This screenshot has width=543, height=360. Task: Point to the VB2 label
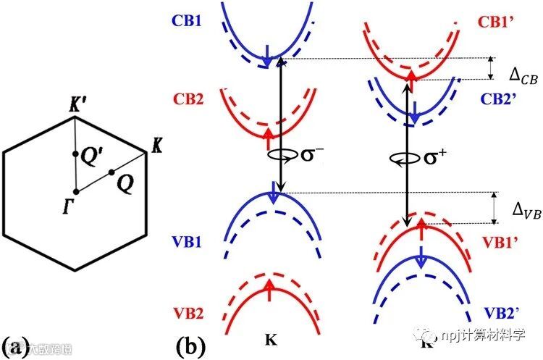[186, 314]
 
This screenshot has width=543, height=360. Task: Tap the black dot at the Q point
[111, 172]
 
